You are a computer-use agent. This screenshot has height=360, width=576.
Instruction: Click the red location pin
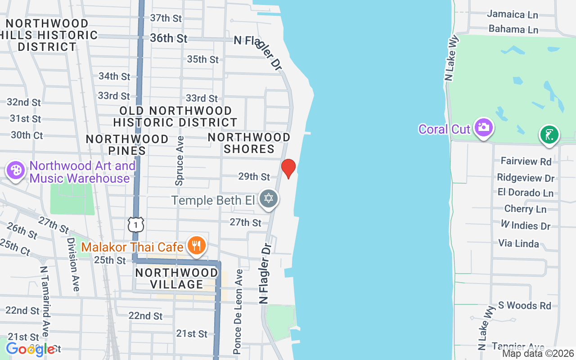coord(288,168)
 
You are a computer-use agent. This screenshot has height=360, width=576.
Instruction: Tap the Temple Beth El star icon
coord(269,198)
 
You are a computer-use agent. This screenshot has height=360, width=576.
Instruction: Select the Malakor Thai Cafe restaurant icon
coord(197,246)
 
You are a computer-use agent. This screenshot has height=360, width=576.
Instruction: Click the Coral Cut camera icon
coord(483,128)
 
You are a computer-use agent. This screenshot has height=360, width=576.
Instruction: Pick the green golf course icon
coord(549,135)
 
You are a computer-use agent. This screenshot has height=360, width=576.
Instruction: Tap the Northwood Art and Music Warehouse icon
coord(16,171)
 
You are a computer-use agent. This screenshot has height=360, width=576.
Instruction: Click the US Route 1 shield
coord(135,224)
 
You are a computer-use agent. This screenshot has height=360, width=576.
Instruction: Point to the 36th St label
coord(169,39)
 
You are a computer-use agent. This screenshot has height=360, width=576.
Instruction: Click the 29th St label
coord(254,176)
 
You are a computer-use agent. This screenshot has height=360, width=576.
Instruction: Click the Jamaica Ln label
coord(513,14)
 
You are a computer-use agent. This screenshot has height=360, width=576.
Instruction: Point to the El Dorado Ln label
coord(525,193)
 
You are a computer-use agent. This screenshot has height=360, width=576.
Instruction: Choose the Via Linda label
coord(518,243)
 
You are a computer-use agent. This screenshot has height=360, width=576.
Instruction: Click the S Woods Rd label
coord(522,306)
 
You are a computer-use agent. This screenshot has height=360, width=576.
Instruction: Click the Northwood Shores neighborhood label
coord(249,143)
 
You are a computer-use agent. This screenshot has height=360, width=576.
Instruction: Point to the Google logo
coord(30,349)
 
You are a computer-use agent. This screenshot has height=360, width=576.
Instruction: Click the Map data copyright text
coord(538,353)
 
